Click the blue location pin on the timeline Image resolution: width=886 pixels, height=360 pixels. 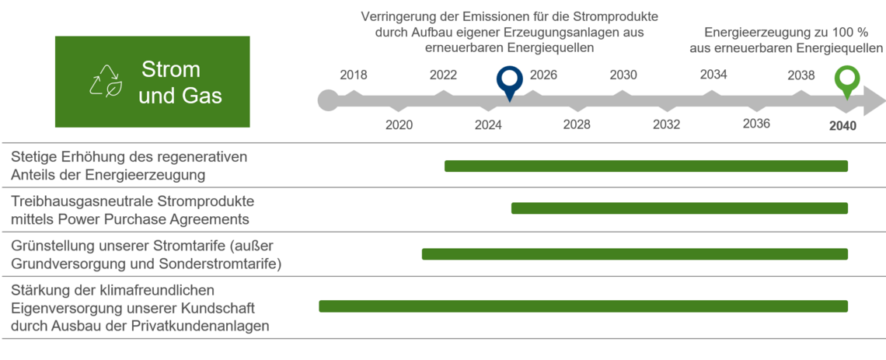click(x=510, y=80)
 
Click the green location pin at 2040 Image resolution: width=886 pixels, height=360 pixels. click(x=848, y=80)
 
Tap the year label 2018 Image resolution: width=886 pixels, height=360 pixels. click(x=354, y=75)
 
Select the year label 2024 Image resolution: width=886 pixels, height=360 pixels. click(x=488, y=124)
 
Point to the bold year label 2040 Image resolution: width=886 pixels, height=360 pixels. click(x=842, y=125)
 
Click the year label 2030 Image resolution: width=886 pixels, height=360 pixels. click(x=623, y=75)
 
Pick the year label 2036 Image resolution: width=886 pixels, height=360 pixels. click(x=756, y=124)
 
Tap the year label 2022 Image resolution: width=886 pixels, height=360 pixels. click(x=443, y=75)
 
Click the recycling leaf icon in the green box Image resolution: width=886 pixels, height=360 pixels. click(x=105, y=81)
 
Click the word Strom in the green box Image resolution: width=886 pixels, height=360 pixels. click(x=171, y=70)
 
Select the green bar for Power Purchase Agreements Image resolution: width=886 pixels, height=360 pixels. click(x=679, y=208)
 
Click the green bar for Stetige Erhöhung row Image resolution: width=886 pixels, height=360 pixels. click(x=646, y=166)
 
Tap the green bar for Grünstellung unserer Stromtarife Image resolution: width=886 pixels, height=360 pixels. click(x=634, y=254)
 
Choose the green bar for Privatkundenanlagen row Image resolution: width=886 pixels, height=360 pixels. click(x=583, y=306)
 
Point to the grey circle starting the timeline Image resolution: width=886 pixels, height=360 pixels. click(x=328, y=101)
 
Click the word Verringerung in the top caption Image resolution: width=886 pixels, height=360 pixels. click(x=399, y=16)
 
